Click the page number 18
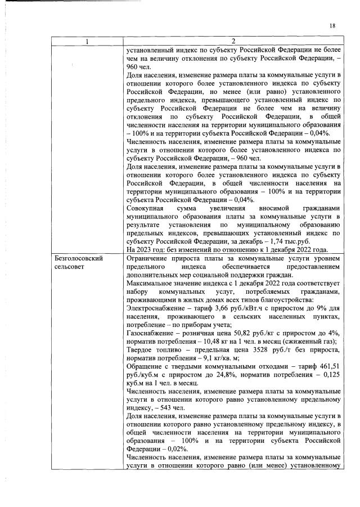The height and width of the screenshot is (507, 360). click(332, 26)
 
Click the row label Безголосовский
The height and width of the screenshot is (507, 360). click(78, 257)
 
